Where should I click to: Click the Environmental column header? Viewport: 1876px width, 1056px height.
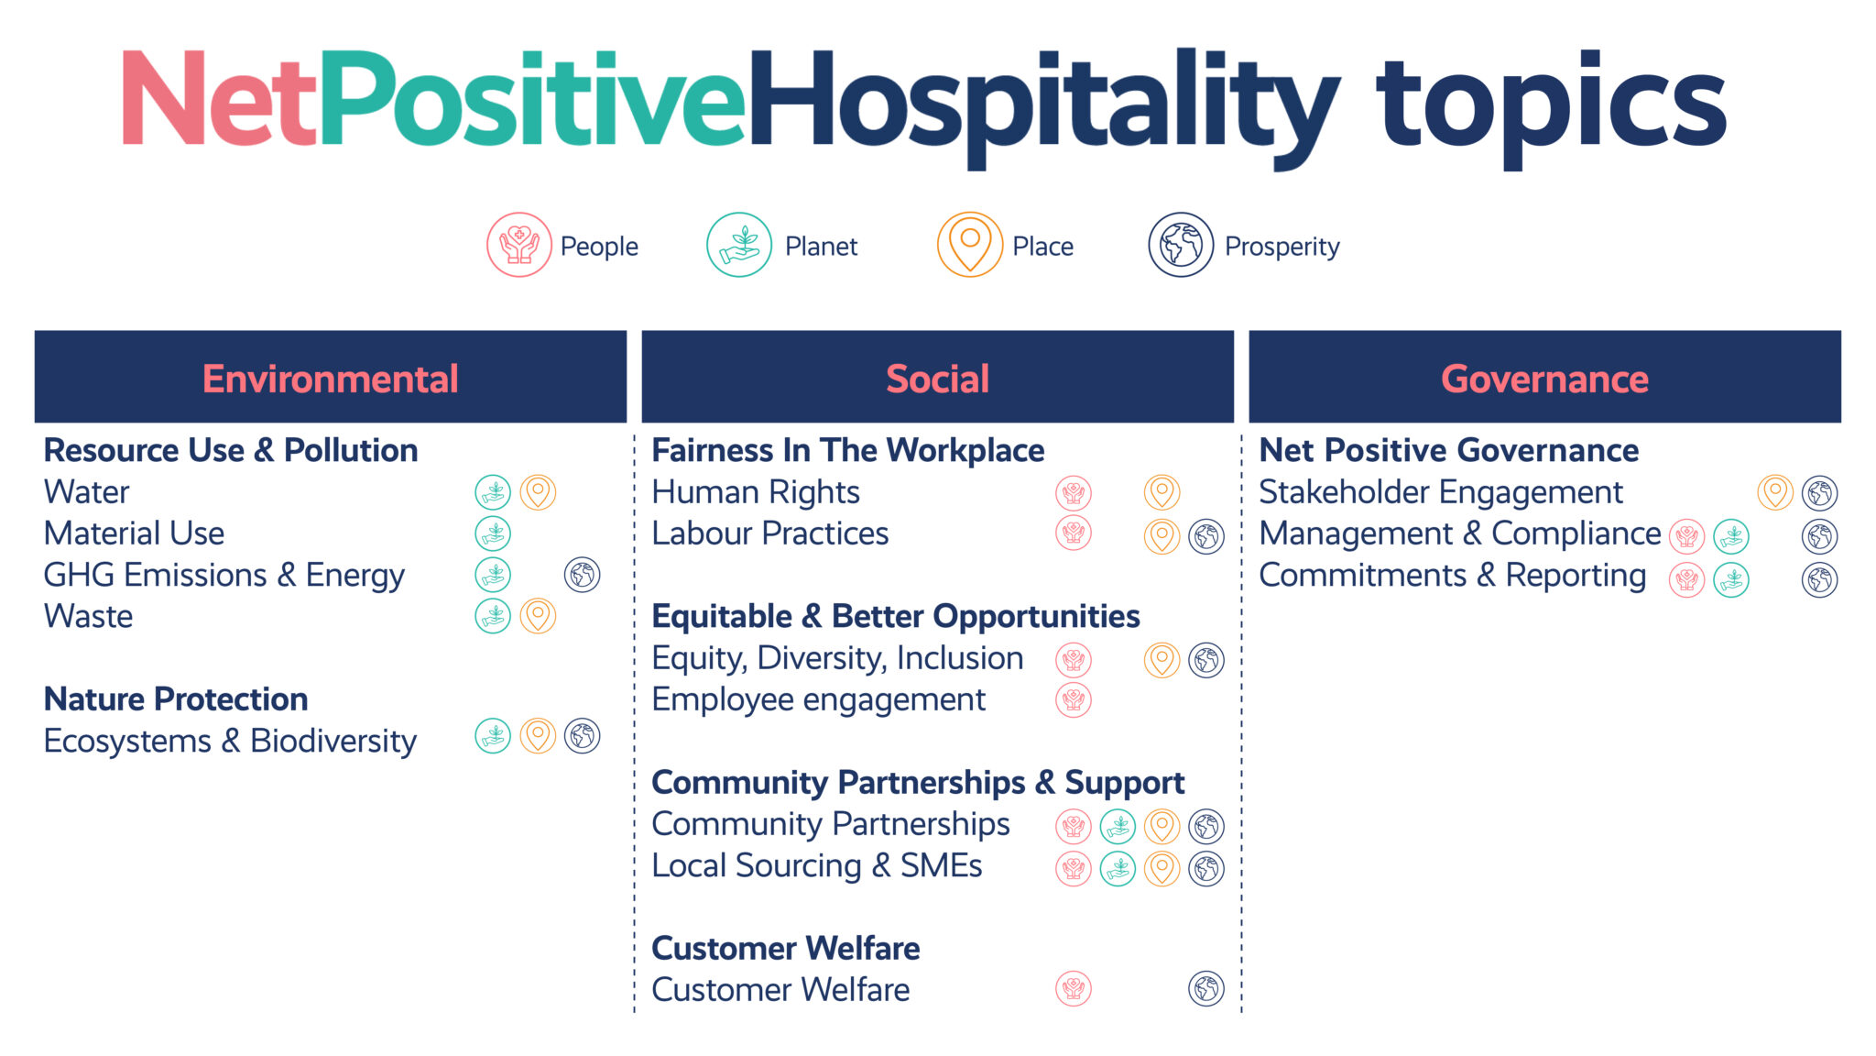(330, 378)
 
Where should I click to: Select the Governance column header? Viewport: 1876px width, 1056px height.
(1544, 378)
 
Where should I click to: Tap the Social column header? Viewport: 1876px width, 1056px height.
(937, 378)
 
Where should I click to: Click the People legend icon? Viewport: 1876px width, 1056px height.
(518, 245)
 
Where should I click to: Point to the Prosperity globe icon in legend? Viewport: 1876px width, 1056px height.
(1181, 245)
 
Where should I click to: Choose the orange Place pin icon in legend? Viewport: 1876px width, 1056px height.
(969, 244)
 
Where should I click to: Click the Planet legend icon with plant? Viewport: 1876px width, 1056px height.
(738, 245)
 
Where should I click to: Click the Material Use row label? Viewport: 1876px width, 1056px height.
(134, 533)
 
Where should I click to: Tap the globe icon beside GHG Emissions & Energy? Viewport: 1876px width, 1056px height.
(582, 575)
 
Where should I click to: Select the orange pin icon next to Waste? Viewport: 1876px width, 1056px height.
(538, 615)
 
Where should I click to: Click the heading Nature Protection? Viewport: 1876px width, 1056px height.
(176, 698)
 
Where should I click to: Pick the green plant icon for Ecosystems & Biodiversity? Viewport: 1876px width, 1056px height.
(493, 735)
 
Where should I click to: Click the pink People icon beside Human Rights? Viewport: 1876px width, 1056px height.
(1073, 492)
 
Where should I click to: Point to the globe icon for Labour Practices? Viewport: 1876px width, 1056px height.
(1206, 536)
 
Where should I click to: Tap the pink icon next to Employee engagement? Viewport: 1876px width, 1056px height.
(1073, 699)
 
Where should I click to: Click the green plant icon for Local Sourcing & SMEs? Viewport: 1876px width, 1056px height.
(1118, 868)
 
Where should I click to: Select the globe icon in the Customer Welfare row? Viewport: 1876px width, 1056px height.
(1206, 988)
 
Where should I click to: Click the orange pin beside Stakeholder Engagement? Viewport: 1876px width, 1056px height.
(1774, 492)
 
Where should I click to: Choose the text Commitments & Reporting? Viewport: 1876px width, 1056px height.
(1452, 576)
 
